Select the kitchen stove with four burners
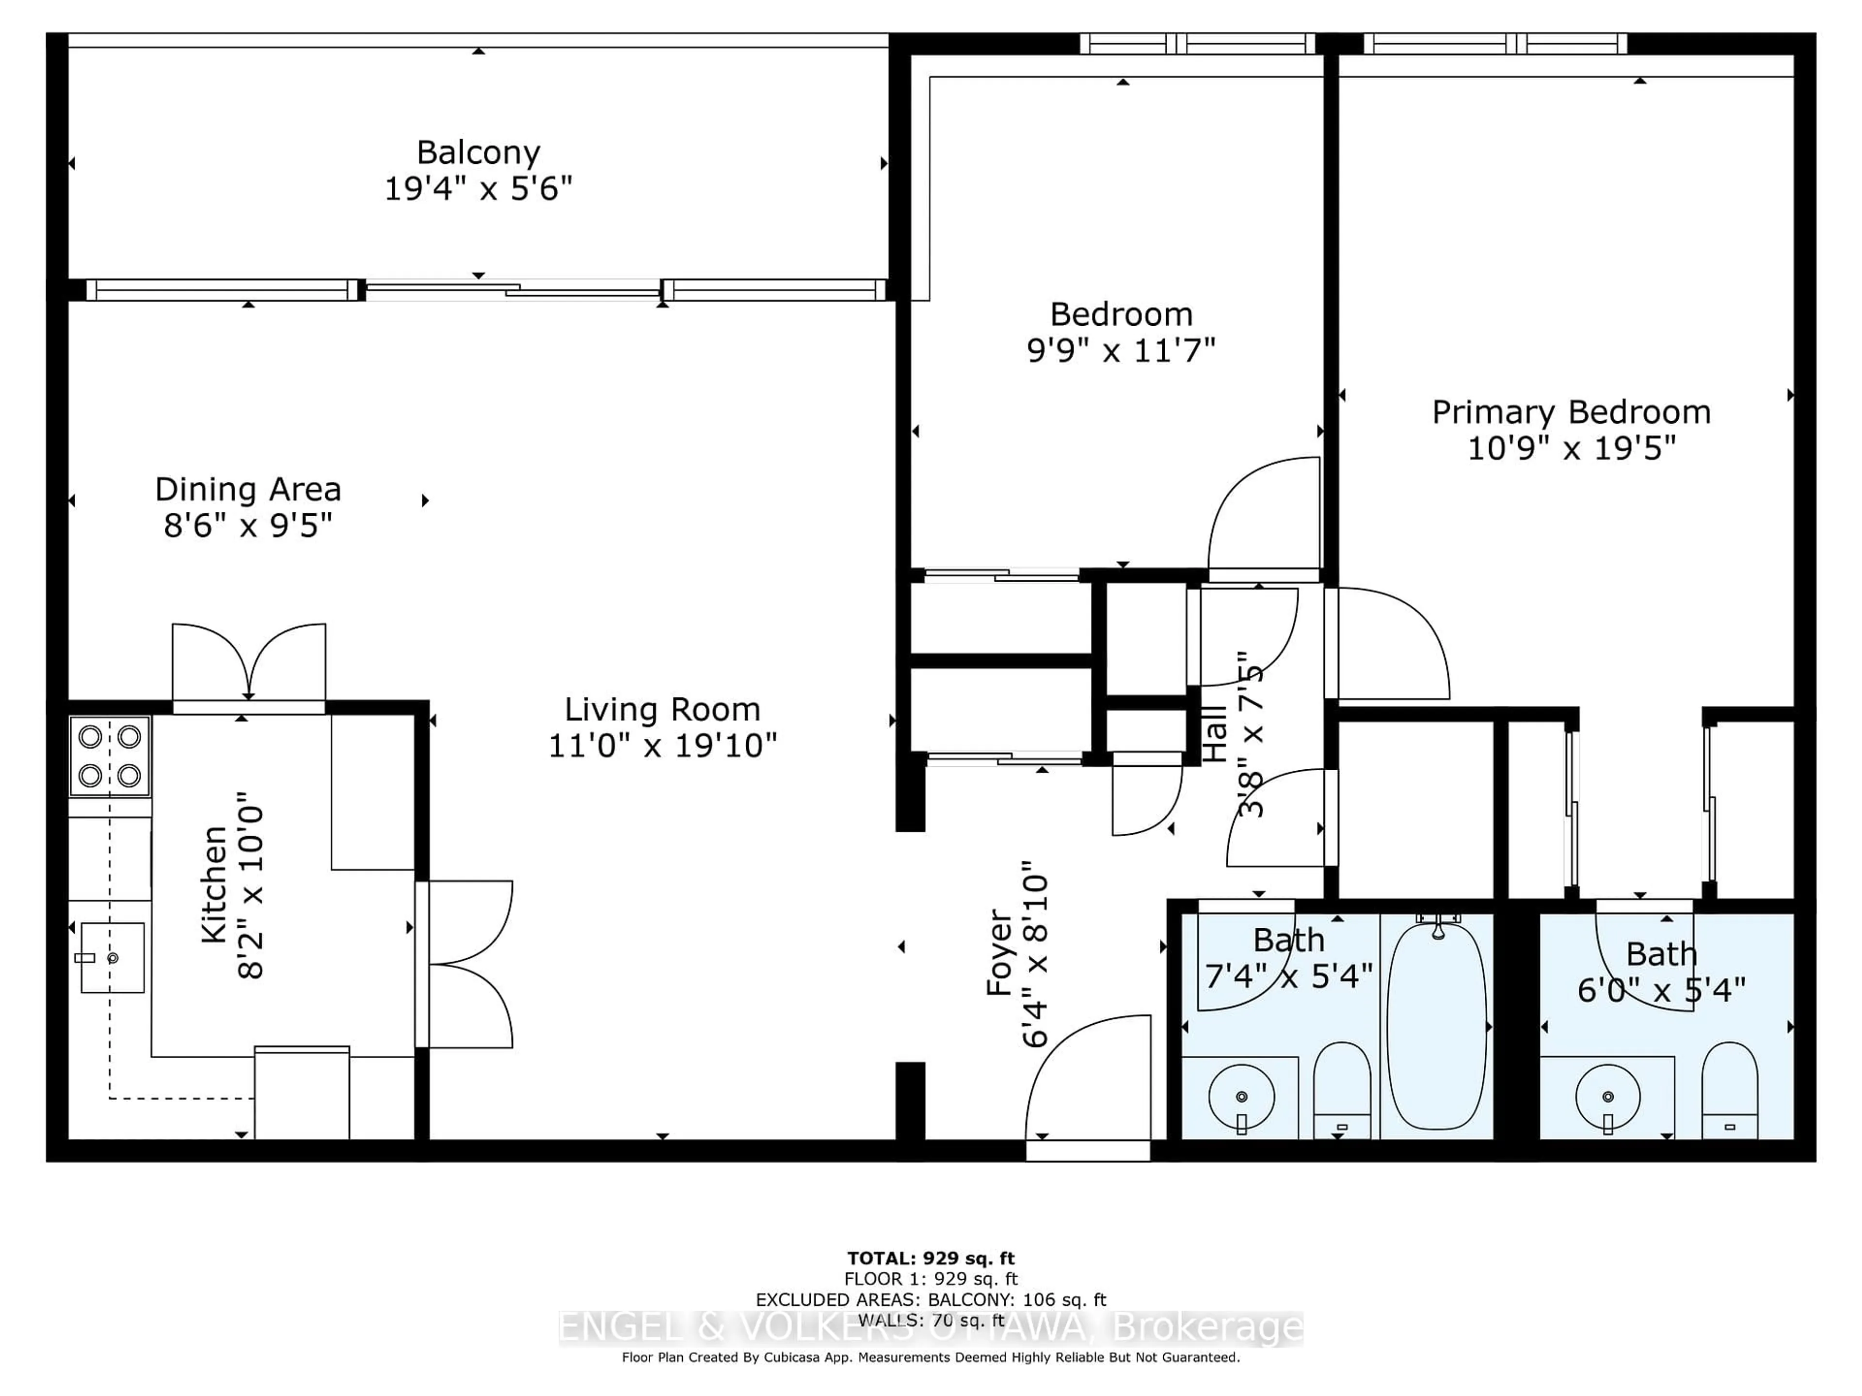point(110,756)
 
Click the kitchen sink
point(112,958)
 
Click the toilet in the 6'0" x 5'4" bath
point(1729,1092)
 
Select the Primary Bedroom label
point(1571,412)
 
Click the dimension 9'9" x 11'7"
point(1121,350)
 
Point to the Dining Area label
point(247,489)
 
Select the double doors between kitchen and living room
point(467,964)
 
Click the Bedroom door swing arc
point(1263,513)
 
